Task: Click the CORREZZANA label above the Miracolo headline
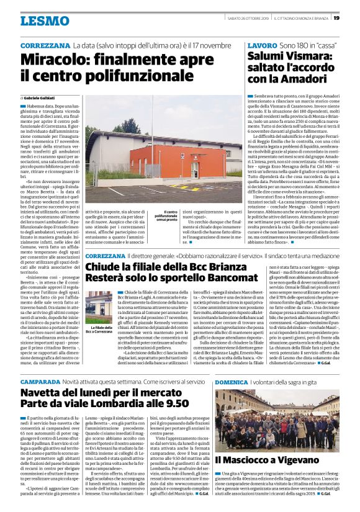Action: point(45,47)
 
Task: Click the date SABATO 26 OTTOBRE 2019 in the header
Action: point(248,18)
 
